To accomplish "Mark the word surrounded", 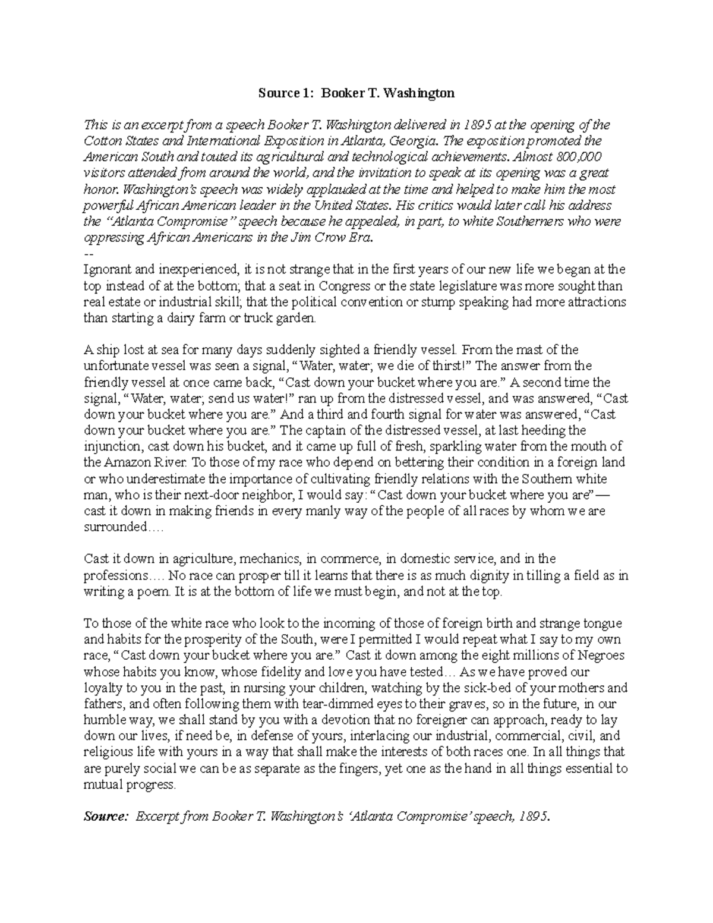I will click(115, 527).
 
